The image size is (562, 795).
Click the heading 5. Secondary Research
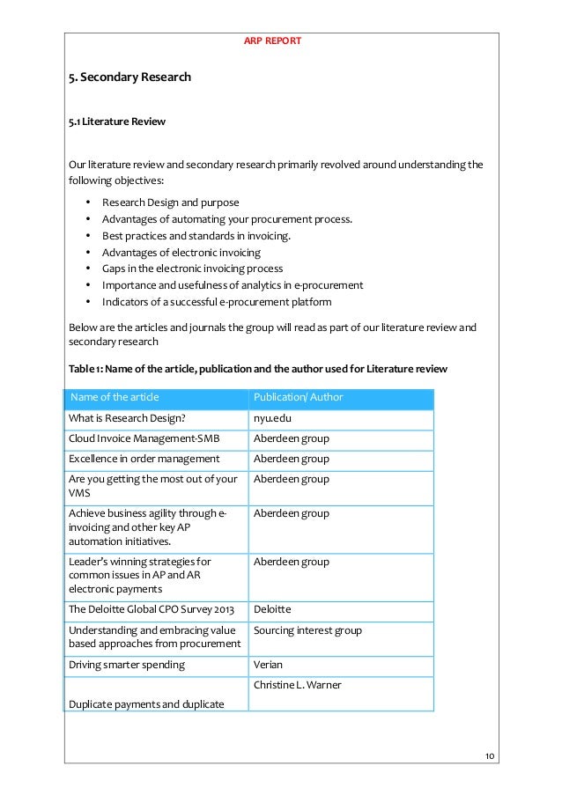tap(129, 77)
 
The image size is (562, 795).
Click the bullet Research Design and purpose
tap(170, 202)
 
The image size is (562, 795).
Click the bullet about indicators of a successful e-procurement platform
tap(217, 302)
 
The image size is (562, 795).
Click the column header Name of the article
tap(115, 397)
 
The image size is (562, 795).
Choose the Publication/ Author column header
tap(298, 397)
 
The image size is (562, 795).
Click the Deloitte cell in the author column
tap(272, 608)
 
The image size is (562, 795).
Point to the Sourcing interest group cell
tap(307, 630)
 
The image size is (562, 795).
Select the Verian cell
tap(268, 665)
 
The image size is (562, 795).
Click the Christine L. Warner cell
tap(297, 685)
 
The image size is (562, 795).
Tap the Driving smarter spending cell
tap(127, 665)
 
